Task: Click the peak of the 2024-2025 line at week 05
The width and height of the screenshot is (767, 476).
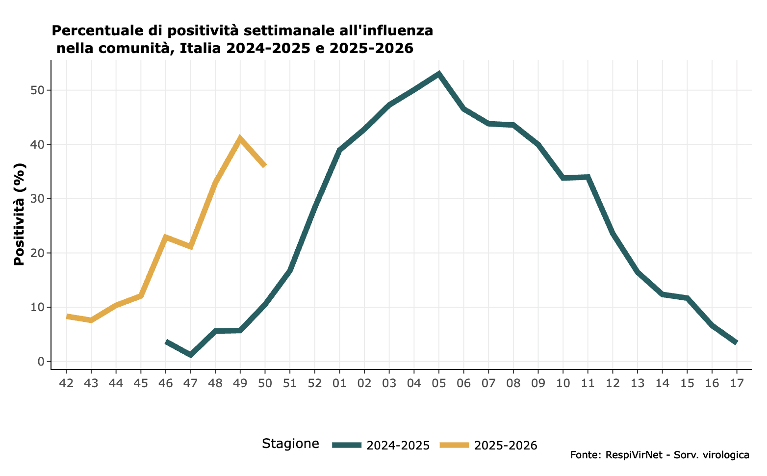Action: point(439,74)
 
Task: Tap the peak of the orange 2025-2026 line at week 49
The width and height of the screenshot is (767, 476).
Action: point(240,138)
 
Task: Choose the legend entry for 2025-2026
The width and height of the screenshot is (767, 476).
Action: point(488,445)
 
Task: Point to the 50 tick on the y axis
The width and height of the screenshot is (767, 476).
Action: point(39,90)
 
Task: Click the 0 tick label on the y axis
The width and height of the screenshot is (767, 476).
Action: point(42,362)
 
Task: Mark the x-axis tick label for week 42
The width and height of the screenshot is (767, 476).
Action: point(66,383)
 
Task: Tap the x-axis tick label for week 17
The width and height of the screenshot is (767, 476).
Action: point(736,383)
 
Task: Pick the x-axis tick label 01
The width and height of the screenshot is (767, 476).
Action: point(339,383)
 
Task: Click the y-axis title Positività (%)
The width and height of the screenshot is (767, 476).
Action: point(19,214)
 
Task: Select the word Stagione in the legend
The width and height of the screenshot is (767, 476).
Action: point(290,444)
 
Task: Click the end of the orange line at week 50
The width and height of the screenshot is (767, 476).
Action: point(265,165)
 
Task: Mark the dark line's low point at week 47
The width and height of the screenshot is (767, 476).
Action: point(190,354)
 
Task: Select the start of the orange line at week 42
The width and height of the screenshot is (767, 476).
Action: point(67,316)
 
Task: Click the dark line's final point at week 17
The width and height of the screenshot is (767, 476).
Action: point(736,342)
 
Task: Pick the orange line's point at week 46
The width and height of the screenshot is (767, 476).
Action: point(166,237)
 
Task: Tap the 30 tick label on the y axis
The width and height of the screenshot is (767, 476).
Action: point(39,199)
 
